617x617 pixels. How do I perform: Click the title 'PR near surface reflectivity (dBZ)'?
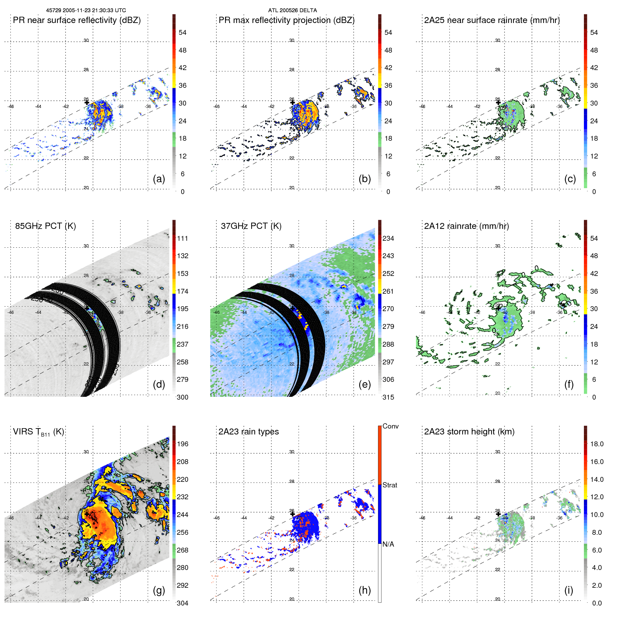point(77,20)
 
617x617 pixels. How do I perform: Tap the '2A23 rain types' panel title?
point(248,432)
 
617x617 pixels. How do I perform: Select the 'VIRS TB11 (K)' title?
point(38,432)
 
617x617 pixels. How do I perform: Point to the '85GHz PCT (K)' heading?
point(45,226)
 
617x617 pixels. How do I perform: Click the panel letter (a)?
point(159,179)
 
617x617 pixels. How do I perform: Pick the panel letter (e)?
point(364,385)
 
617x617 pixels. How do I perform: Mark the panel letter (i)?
point(569,591)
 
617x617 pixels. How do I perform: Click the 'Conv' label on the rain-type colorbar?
point(391,426)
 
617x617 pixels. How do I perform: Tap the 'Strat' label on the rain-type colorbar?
point(390,485)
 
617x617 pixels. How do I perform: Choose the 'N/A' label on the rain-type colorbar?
point(388,544)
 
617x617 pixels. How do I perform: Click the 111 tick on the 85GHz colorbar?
point(183,239)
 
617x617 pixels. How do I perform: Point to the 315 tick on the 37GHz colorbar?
point(388,398)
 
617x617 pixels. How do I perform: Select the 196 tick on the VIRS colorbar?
point(183,444)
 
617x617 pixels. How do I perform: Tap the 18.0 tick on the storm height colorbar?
point(597,444)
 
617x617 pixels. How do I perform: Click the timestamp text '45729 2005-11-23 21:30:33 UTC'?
point(86,10)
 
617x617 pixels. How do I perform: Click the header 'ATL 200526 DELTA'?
point(293,10)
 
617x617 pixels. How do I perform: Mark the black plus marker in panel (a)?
point(87,102)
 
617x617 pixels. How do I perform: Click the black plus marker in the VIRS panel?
point(87,514)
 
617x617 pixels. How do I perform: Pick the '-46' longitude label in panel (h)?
point(216,518)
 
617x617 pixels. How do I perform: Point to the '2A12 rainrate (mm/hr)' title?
point(466,226)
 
